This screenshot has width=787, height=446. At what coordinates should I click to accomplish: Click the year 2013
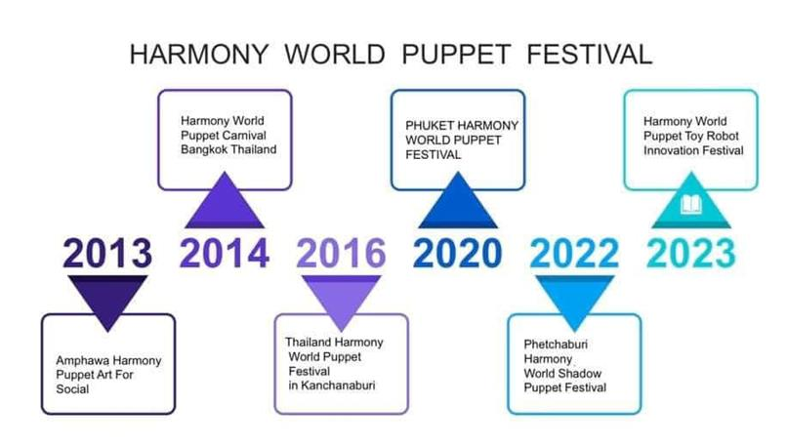click(x=107, y=253)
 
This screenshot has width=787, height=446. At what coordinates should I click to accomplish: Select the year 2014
click(x=225, y=253)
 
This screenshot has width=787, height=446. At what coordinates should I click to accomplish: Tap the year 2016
click(x=342, y=253)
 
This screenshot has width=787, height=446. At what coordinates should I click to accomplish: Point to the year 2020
click(x=458, y=253)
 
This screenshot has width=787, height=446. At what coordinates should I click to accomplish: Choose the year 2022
click(x=575, y=253)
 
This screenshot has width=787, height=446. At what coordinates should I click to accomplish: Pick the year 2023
click(x=691, y=253)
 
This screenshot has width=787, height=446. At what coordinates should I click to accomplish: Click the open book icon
click(x=691, y=205)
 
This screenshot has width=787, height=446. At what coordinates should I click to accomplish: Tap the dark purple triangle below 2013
click(x=107, y=300)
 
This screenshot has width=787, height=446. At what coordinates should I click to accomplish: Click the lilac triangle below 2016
click(x=342, y=300)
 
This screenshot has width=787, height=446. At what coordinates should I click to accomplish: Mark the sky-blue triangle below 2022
click(x=575, y=300)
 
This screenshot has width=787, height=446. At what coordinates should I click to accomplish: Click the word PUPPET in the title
click(x=456, y=55)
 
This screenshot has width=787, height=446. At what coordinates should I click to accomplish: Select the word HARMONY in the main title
click(x=199, y=55)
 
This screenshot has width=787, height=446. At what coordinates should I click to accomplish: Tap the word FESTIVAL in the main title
click(x=590, y=55)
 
